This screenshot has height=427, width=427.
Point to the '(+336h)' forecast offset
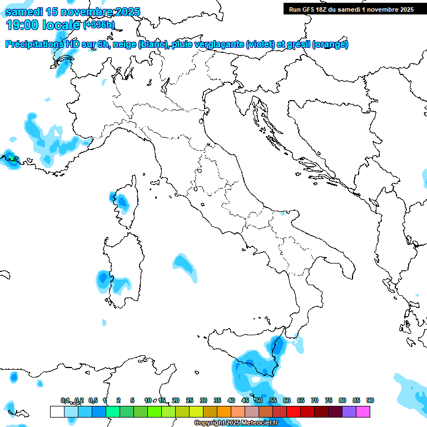(x=98, y=24)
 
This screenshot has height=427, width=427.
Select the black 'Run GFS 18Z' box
(x=351, y=9)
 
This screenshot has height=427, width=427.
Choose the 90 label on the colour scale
(x=370, y=400)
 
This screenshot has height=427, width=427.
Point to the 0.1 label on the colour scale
(x=65, y=400)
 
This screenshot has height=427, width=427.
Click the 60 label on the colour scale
(x=286, y=400)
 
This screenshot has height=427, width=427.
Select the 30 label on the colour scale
(x=203, y=400)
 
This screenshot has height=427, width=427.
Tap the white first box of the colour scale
(x=57, y=411)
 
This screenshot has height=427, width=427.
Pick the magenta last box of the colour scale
(x=363, y=411)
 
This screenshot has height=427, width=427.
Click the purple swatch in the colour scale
(x=349, y=411)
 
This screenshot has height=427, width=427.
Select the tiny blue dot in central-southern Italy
(x=283, y=213)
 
